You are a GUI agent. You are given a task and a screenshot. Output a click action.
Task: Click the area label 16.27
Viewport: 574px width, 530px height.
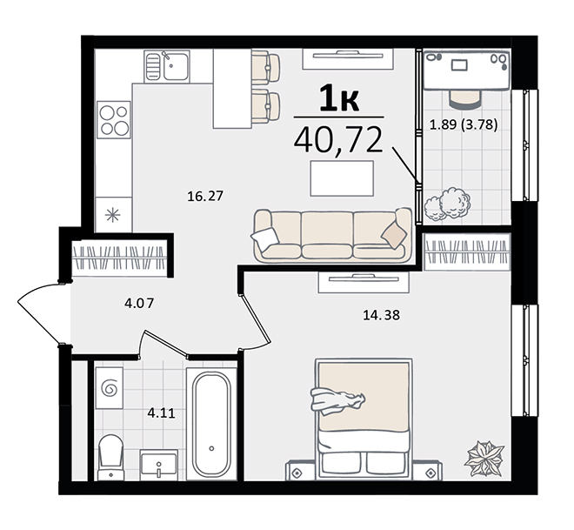pos(205,197)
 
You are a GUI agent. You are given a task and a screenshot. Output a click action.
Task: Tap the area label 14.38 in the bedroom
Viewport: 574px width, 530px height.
pos(382,315)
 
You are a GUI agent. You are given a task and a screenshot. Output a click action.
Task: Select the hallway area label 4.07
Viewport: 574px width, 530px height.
pos(139,303)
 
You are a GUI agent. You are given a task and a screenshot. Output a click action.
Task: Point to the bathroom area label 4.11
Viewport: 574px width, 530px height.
pos(162,413)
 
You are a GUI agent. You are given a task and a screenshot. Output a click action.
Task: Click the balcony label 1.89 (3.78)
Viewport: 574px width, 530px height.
pos(464,125)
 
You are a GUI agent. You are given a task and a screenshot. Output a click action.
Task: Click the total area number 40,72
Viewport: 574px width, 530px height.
pos(338,139)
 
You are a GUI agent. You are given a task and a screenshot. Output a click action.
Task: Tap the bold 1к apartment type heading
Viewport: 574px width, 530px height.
pos(338,97)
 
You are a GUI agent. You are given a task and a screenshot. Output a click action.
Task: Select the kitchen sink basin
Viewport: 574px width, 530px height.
pos(176,66)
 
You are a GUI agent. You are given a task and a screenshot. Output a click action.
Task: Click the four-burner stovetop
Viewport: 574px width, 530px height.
pos(114,120)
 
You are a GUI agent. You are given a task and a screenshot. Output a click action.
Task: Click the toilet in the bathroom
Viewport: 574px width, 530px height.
pos(110,457)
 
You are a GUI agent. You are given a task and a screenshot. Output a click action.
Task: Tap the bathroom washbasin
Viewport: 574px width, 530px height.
pos(158,466)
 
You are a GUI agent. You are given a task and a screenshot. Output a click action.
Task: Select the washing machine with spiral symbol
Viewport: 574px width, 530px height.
pos(109,388)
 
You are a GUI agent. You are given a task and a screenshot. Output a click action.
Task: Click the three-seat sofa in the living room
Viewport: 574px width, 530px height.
pos(331,235)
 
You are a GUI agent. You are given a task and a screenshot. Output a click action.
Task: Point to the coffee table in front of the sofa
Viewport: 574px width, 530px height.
pos(342,178)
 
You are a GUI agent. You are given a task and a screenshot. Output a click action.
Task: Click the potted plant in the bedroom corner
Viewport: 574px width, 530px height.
pos(484,459)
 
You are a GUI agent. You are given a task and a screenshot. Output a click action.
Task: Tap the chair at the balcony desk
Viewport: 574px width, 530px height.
pos(465,99)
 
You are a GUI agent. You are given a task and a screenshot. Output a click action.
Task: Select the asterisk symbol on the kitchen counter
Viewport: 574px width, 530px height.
pos(113,215)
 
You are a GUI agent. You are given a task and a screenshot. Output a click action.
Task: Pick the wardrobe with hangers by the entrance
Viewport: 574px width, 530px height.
pos(118,258)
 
